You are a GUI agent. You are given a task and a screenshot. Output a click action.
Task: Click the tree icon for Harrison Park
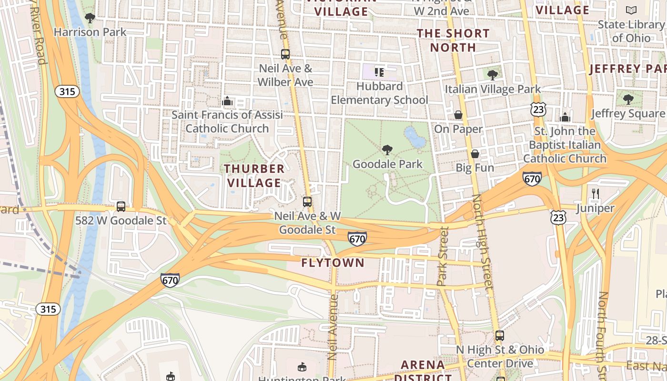pos(90,18)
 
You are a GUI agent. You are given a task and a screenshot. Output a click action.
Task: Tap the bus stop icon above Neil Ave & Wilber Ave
pos(285,54)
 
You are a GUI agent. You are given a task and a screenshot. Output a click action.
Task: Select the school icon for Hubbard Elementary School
pos(379,72)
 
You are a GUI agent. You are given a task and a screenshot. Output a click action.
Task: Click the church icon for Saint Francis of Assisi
pos(227,101)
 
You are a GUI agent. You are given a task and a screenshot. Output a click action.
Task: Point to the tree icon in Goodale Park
pos(387,150)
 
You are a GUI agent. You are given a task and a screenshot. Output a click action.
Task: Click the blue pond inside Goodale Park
pos(415,137)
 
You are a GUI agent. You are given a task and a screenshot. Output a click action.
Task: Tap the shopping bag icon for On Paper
pos(458,115)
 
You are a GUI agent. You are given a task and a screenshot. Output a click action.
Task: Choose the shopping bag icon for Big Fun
pos(475,154)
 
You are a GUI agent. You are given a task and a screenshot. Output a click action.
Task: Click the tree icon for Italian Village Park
pos(493,75)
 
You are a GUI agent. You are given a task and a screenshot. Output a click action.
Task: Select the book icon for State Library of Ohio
pos(631,10)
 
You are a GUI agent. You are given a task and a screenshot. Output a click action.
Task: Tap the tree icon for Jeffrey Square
pos(628,100)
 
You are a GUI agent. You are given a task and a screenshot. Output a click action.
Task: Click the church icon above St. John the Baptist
pos(565,117)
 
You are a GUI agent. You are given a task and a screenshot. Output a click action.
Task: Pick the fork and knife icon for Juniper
pos(595,193)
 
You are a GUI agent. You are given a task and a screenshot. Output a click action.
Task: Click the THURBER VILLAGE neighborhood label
pos(254,176)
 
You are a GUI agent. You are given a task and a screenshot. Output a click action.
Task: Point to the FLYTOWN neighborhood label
pos(333,263)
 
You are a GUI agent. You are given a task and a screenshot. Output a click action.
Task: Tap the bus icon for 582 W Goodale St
pos(121,207)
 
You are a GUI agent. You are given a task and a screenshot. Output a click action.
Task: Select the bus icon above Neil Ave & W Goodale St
pos(307,202)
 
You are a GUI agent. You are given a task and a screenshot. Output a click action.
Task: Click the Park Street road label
pos(443,256)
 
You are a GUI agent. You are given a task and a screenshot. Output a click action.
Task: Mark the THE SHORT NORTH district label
pos(453,40)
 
